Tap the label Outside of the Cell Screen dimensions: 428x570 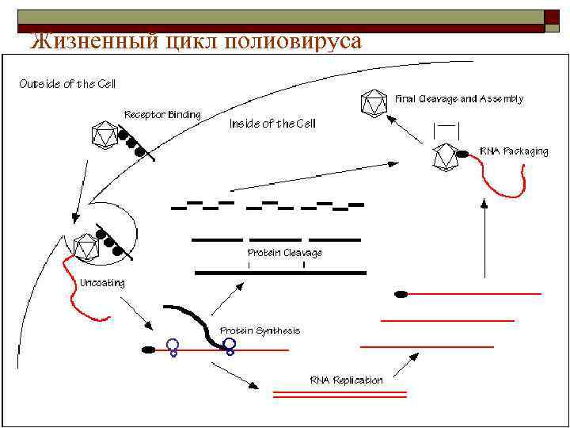coord(66,85)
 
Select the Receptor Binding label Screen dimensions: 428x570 coord(162,114)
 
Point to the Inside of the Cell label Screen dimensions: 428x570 coord(272,124)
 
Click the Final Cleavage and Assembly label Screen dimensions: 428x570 coord(459,99)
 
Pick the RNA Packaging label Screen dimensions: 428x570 coord(514,151)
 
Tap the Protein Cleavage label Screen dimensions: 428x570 coord(284,252)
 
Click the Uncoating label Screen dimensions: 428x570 coord(102,282)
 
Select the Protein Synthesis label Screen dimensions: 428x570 coord(260,330)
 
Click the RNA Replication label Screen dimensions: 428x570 coord(346,380)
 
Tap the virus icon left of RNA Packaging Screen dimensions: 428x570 coord(446,157)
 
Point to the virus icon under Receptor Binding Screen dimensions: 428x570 coord(104,136)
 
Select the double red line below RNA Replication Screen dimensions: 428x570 coord(340,393)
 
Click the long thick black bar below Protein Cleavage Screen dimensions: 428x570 coord(280,272)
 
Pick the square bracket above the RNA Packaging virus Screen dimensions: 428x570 coord(446,128)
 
